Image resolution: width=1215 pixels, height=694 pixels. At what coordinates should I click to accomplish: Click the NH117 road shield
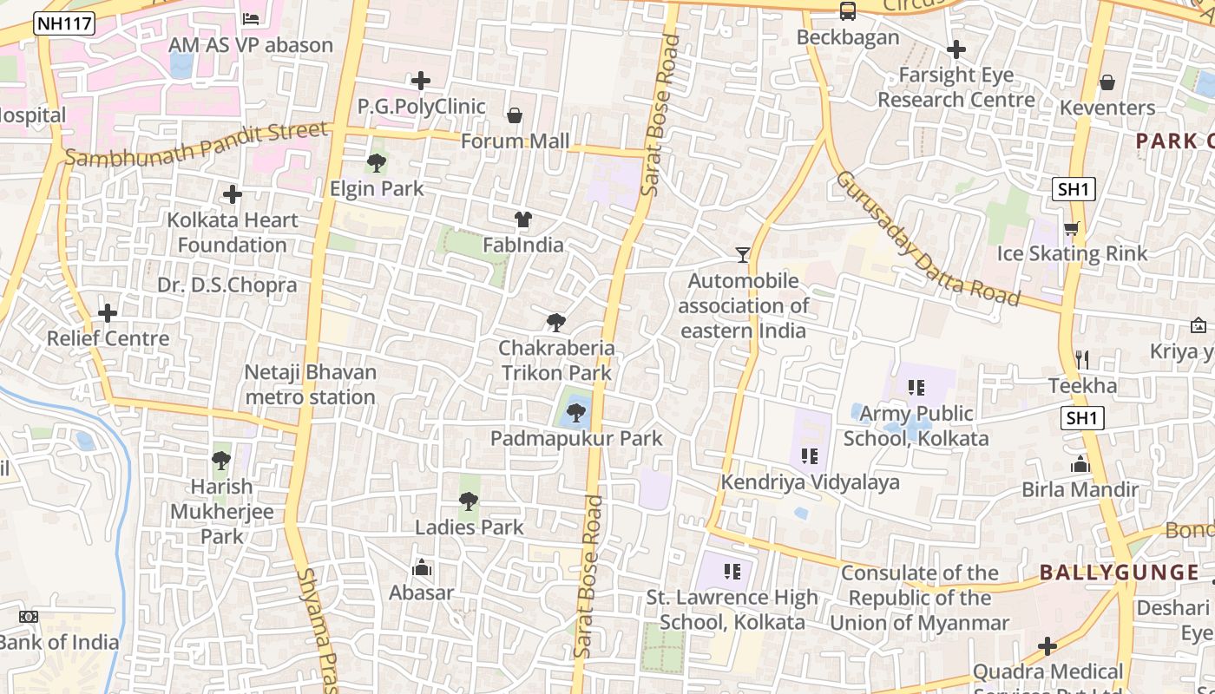point(64,24)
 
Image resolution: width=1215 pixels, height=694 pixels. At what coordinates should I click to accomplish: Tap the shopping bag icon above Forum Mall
point(515,115)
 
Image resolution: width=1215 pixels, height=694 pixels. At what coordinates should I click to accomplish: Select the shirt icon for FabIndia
point(522,219)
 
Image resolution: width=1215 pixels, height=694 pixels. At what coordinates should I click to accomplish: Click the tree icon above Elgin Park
point(377,162)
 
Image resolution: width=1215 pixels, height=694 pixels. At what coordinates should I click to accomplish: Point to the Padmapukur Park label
point(576,438)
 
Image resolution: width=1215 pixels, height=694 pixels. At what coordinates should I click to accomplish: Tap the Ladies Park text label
point(470,527)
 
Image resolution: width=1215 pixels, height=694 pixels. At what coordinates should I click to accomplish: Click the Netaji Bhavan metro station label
point(310,384)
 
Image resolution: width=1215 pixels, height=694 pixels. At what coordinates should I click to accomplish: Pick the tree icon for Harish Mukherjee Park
point(221,460)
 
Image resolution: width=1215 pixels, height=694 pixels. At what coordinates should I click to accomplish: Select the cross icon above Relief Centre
point(108,312)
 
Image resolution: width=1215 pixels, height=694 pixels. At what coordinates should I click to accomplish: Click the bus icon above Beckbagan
point(848,11)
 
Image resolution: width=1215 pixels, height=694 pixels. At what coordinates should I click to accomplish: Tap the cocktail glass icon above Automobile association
point(742,254)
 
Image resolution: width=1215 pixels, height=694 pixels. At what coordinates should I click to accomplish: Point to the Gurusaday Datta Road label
point(928,239)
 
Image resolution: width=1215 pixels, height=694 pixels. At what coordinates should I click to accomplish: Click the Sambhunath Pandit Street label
point(197,144)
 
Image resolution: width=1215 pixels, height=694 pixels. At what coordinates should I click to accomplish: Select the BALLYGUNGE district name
point(1120,572)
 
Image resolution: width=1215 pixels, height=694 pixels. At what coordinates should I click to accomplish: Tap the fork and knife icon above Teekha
point(1081,359)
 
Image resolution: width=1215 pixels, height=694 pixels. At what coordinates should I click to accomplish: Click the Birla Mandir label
point(1080,489)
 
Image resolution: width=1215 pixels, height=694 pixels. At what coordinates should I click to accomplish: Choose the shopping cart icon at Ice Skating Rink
point(1072,228)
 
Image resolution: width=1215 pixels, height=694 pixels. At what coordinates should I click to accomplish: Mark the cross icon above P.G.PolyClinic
point(421,81)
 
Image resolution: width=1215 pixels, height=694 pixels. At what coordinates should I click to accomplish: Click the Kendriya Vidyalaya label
point(811,481)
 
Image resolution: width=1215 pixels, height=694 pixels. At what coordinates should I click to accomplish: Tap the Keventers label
point(1107,108)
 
